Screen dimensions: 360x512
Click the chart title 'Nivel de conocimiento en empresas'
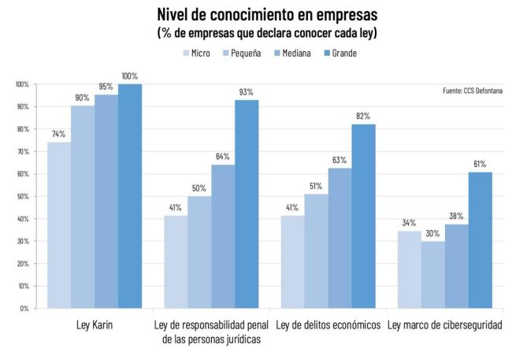click(256, 14)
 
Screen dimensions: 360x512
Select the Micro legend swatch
click(187, 53)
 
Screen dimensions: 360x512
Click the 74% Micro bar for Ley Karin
click(59, 225)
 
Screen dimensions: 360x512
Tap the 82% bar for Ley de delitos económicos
click(364, 216)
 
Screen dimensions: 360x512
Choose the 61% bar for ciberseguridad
click(480, 239)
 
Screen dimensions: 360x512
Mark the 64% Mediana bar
click(223, 236)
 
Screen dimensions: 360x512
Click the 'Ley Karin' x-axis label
click(95, 325)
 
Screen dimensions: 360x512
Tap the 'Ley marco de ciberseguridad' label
click(445, 325)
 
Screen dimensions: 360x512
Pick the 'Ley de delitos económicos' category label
click(328, 325)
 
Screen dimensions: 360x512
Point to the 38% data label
click(456, 216)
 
